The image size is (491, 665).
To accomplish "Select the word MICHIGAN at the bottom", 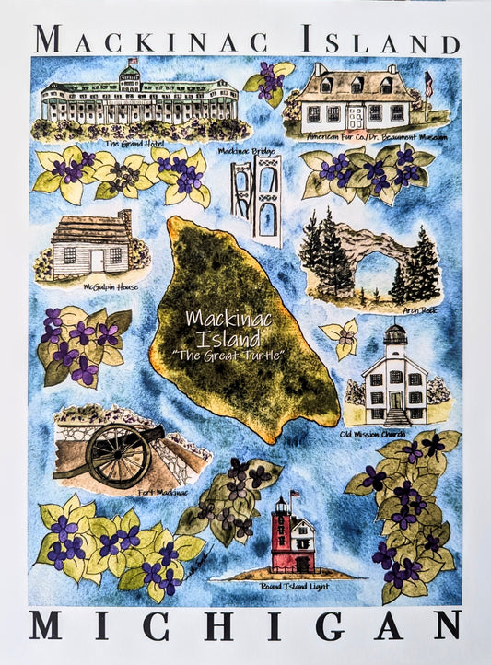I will pyautogui.click(x=244, y=625).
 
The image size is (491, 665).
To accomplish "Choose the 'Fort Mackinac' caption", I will pyautogui.click(x=163, y=493).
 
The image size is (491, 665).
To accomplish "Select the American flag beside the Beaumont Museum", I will pyautogui.click(x=427, y=80).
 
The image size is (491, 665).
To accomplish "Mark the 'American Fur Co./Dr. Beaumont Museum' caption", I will pyautogui.click(x=379, y=136).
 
